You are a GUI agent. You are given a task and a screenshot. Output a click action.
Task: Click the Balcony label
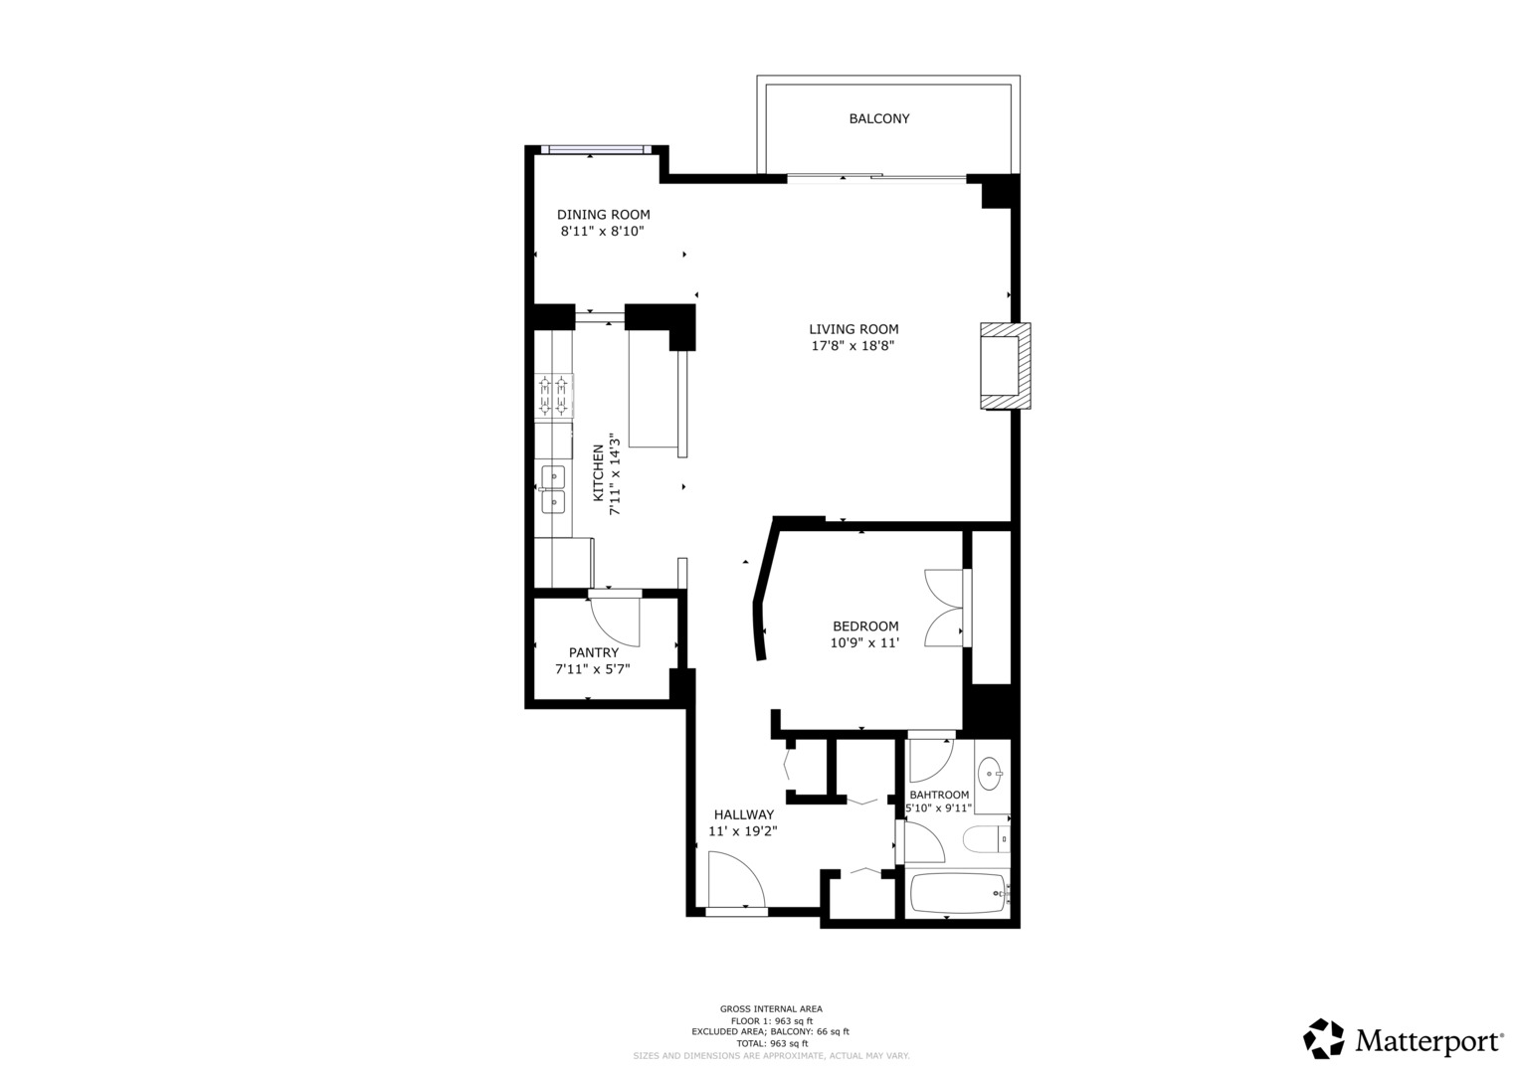tap(878, 118)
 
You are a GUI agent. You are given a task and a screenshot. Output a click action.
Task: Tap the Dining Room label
tap(603, 214)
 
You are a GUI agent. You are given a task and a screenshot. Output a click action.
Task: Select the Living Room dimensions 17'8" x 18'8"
tap(853, 346)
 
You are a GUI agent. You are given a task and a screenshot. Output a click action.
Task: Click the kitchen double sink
tap(552, 489)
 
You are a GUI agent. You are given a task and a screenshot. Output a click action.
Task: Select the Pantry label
tap(593, 652)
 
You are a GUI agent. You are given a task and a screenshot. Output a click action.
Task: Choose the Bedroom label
tap(864, 626)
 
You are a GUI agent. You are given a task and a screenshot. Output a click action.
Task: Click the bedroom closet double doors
tap(944, 608)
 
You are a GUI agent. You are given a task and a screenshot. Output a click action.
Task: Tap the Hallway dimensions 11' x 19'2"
tap(742, 831)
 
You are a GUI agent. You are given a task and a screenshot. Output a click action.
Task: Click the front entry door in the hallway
tap(735, 881)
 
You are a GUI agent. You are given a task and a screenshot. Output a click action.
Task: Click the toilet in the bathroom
tap(986, 839)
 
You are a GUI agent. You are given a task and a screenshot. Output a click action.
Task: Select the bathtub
tap(959, 893)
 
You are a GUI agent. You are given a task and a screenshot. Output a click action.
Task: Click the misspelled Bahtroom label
tap(939, 795)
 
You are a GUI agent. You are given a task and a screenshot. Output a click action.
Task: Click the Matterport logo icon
tap(1324, 1039)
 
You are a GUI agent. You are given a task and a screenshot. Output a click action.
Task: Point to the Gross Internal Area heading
tap(771, 1008)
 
